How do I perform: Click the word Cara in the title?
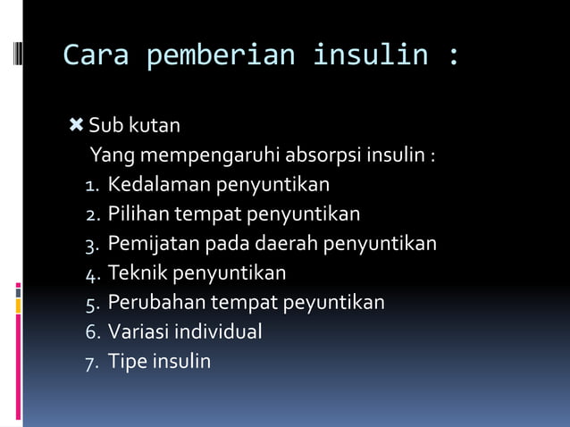click(96, 55)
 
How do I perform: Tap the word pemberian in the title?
click(220, 55)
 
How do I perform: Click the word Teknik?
click(138, 273)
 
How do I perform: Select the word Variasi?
click(139, 332)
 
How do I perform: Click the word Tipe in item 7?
click(127, 362)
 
